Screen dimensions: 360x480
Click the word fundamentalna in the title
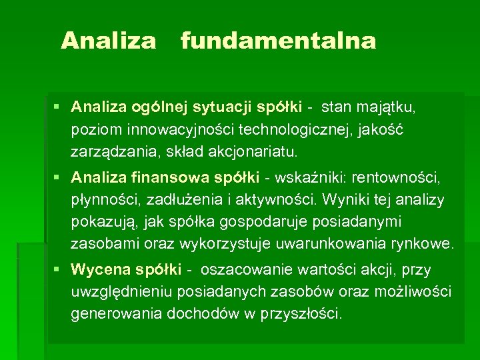pyautogui.click(x=278, y=41)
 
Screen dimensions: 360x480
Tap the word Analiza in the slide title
pyautogui.click(x=108, y=41)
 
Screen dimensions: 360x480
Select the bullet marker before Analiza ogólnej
pyautogui.click(x=59, y=106)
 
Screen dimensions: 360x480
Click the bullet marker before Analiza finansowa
pyautogui.click(x=59, y=178)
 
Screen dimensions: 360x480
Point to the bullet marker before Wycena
pyautogui.click(x=59, y=270)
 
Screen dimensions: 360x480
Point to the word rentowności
pyautogui.click(x=398, y=178)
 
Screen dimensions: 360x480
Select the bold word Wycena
pyautogui.click(x=100, y=270)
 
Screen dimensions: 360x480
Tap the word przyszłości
pyautogui.click(x=301, y=314)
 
